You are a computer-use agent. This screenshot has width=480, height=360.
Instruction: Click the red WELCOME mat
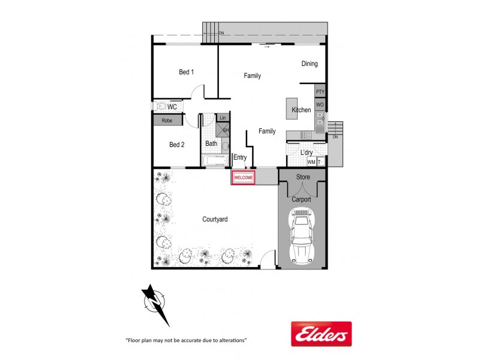(243, 178)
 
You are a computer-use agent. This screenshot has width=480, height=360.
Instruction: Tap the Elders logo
(321, 334)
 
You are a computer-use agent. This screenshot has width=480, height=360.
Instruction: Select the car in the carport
(302, 236)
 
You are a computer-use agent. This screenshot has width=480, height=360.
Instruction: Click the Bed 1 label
(187, 73)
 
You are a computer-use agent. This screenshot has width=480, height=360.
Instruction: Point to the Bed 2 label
(176, 145)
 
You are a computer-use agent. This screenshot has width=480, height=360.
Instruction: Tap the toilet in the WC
(159, 106)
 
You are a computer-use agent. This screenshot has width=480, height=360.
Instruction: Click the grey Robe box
(167, 121)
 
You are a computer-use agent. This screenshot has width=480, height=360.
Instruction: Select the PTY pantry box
(320, 92)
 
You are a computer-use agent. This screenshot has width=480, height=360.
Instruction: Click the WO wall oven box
(320, 105)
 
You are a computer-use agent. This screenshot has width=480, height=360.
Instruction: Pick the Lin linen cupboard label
(223, 118)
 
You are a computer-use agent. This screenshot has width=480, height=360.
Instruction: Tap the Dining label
(310, 64)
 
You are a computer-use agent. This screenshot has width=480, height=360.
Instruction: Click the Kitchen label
(301, 110)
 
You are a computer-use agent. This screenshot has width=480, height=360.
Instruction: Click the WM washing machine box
(311, 162)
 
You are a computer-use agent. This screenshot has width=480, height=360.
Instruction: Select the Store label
(303, 177)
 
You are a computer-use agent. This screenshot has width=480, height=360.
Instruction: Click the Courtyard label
(214, 220)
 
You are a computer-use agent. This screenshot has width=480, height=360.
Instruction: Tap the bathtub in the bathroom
(214, 161)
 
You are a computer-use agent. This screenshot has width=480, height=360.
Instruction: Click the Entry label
(240, 158)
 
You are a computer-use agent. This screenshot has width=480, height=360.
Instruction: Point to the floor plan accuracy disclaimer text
(186, 340)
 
